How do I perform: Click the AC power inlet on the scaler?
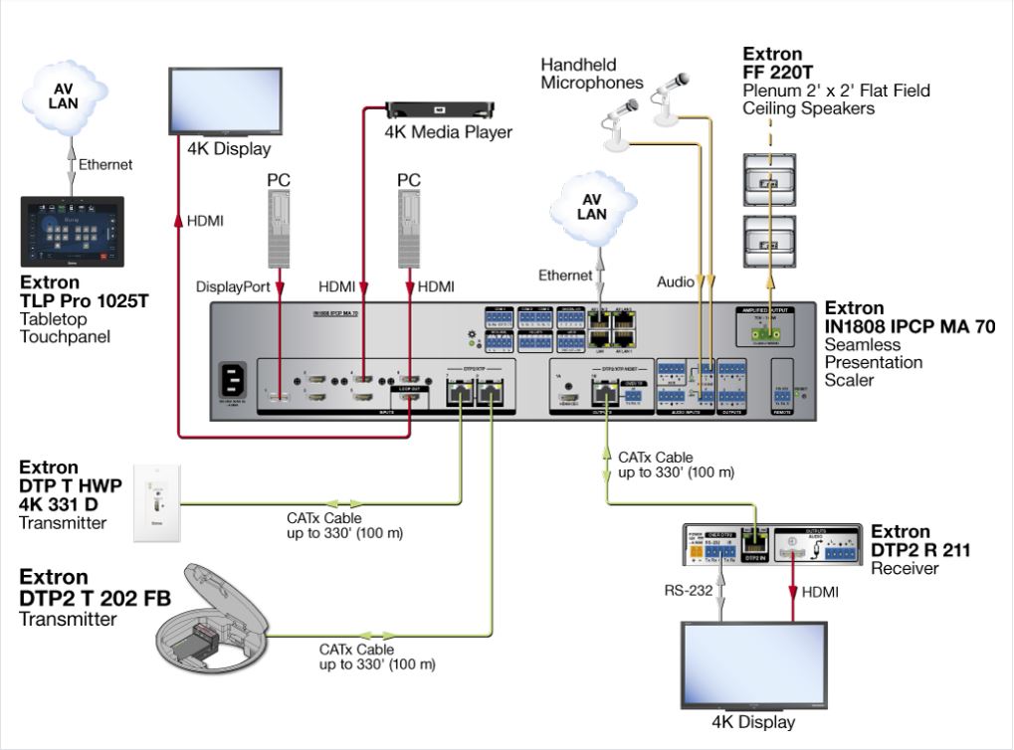(x=235, y=381)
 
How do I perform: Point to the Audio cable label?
(x=676, y=282)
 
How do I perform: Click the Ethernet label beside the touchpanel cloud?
(x=105, y=164)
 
